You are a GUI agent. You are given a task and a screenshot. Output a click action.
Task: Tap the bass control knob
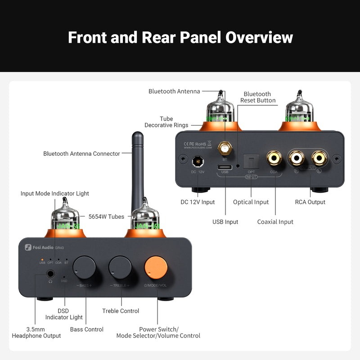click(x=84, y=268)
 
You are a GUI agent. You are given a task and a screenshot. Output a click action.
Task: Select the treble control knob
click(x=120, y=268)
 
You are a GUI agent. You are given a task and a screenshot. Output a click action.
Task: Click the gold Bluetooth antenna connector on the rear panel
click(x=224, y=147)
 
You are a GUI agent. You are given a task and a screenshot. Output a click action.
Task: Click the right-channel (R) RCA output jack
click(x=297, y=157)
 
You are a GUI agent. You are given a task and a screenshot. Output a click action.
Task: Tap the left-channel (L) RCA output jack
click(x=319, y=157)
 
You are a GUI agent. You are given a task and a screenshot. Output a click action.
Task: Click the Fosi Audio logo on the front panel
click(x=39, y=247)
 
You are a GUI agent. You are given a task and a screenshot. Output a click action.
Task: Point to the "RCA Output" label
click(x=310, y=202)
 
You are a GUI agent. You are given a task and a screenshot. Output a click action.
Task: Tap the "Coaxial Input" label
click(x=275, y=221)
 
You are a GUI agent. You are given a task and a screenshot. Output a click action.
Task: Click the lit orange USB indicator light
click(x=42, y=260)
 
